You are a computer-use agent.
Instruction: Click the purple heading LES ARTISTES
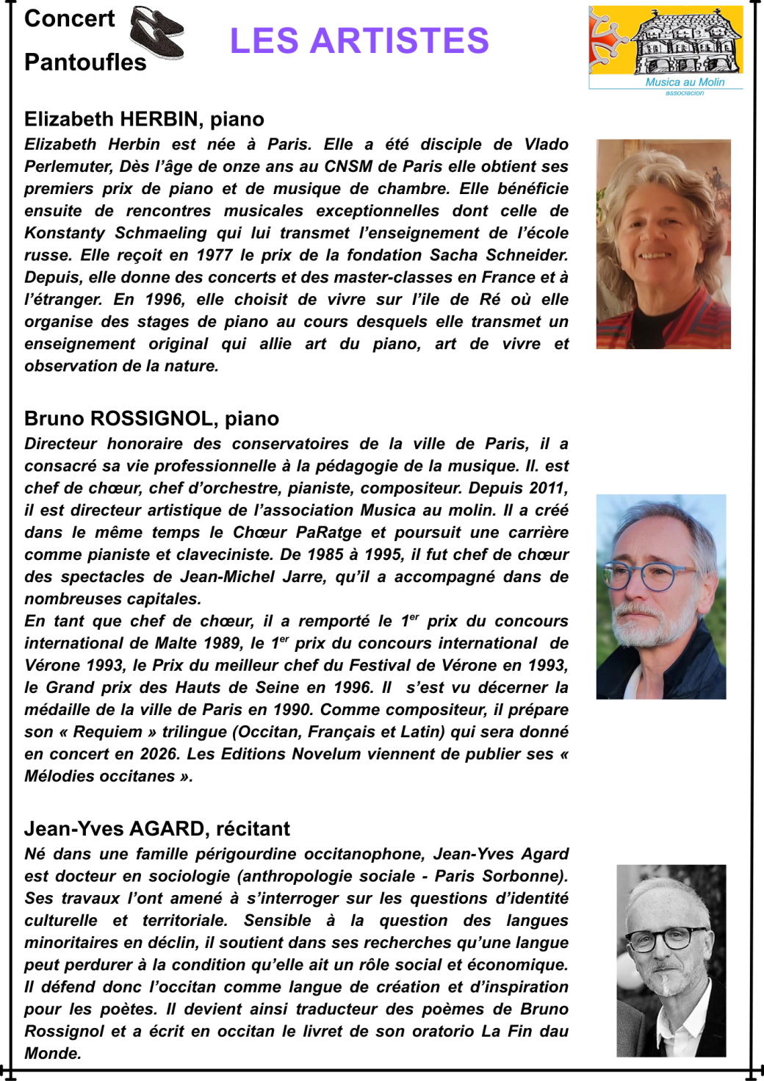pos(359,41)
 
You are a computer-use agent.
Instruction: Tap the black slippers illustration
pos(156,32)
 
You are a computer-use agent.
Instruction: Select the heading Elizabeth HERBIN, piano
pos(144,119)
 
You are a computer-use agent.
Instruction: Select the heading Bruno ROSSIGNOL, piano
pos(151,418)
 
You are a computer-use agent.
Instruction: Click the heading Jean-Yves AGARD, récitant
pos(156,828)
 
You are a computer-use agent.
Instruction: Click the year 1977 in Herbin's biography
pos(215,255)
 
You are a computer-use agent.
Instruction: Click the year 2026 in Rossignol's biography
pos(159,754)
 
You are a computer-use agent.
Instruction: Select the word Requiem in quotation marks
pos(108,732)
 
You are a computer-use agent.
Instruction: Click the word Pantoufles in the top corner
pos(85,62)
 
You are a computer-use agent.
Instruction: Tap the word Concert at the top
pos(70,18)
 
